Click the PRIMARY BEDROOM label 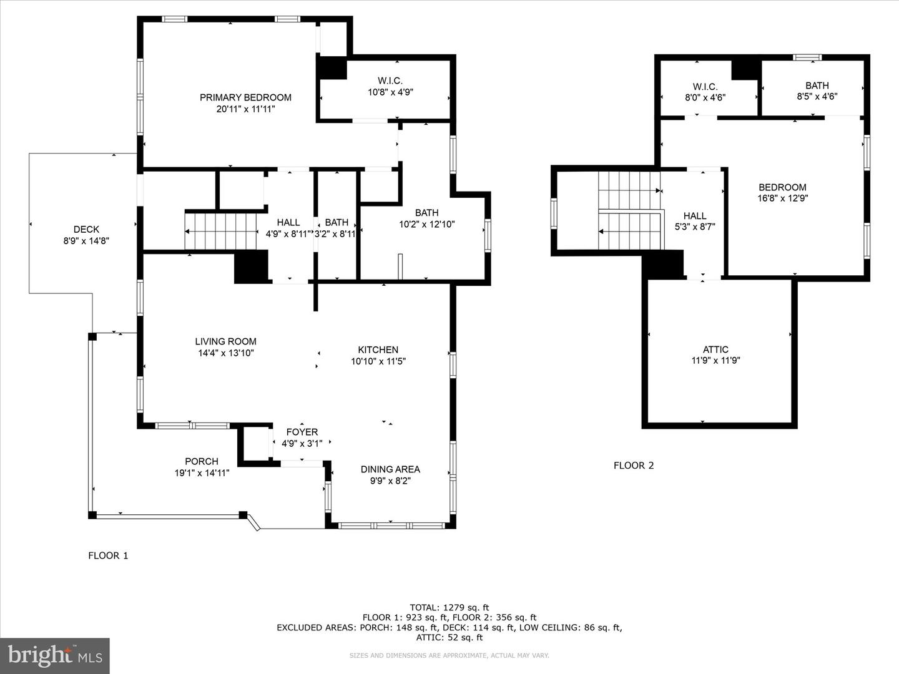245,97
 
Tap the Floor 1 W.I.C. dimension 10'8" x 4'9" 390,92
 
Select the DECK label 86,229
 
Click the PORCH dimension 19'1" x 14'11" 202,473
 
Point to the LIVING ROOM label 225,341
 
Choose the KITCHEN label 378,349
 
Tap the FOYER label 302,432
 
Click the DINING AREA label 390,469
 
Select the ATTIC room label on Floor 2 715,349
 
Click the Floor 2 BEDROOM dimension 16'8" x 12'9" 782,198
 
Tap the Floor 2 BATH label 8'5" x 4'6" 817,85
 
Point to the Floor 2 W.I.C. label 705,87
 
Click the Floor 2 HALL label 694,216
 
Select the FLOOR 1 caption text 108,555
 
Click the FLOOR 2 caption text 634,465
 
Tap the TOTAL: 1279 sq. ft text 449,607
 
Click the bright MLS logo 55,655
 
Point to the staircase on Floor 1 222,232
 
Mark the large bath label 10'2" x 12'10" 426,213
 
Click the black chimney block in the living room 251,266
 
